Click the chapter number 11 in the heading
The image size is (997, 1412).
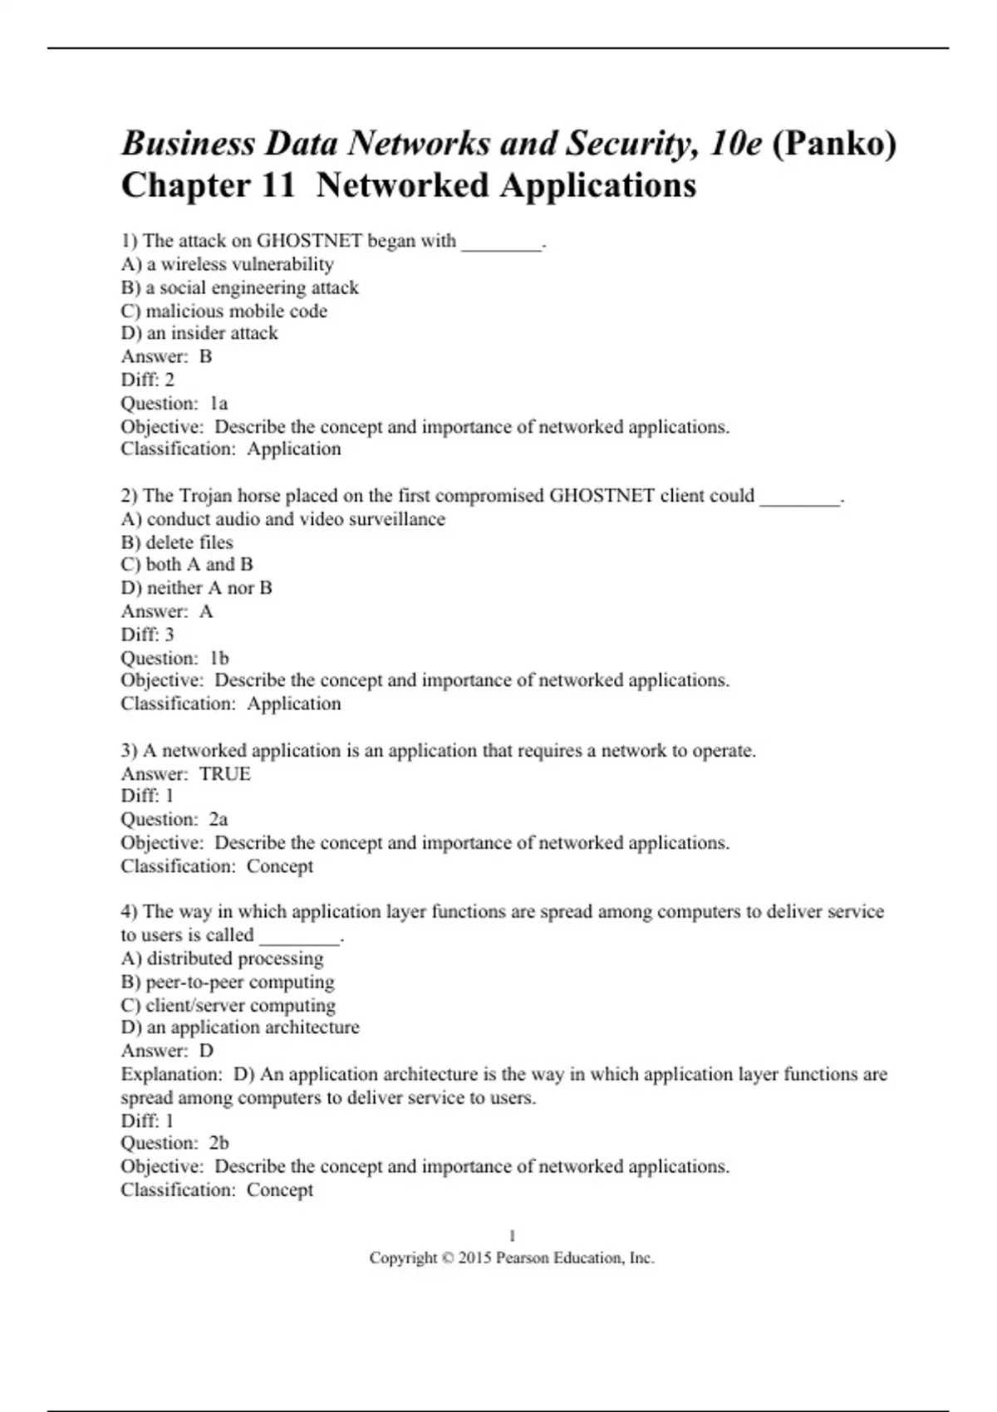click(277, 185)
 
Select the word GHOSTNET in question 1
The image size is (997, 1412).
click(309, 241)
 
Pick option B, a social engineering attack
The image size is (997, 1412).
click(240, 287)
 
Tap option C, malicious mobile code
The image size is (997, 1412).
click(224, 311)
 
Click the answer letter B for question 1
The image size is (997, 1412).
click(206, 356)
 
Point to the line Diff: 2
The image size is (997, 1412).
click(148, 380)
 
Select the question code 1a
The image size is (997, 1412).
click(219, 404)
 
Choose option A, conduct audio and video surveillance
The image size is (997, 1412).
click(283, 519)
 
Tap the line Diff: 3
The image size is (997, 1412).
click(148, 635)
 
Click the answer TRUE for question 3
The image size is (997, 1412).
click(225, 774)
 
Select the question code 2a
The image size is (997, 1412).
click(219, 819)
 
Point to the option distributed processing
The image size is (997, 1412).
click(223, 958)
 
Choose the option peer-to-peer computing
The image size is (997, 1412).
click(228, 982)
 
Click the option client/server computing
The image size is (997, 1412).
click(228, 1005)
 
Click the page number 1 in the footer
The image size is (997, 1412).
click(512, 1236)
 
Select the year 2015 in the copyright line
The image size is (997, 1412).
click(474, 1258)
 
